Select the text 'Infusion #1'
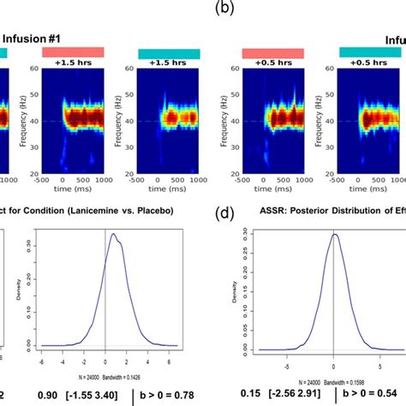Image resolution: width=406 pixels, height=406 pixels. [38, 38]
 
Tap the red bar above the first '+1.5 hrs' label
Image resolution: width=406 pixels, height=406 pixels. [78, 52]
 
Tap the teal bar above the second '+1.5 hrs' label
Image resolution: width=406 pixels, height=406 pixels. [169, 53]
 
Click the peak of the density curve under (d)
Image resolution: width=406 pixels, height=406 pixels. [334, 234]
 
